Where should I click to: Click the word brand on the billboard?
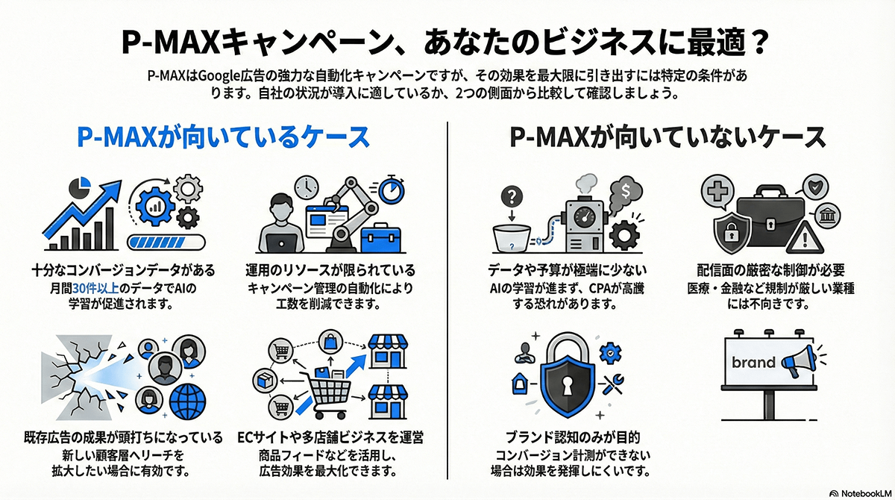[753, 363]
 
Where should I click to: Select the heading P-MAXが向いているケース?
[224, 137]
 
